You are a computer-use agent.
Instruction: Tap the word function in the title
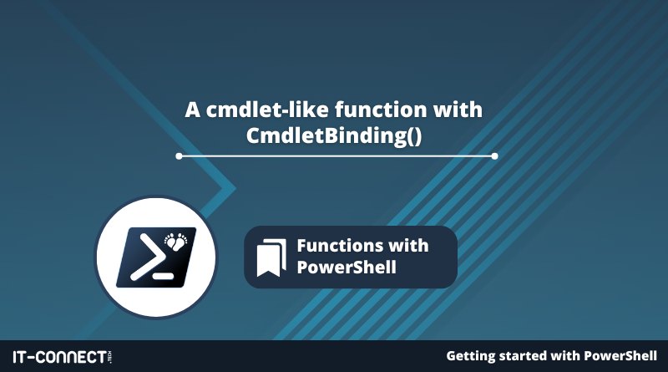[x=381, y=110]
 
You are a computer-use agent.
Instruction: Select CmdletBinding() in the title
[x=334, y=136]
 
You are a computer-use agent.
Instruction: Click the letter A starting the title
[x=193, y=110]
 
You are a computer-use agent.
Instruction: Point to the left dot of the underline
[x=179, y=156]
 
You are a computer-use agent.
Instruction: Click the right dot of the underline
[x=494, y=156]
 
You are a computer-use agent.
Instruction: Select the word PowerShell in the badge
[x=347, y=268]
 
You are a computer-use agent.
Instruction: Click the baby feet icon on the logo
[x=176, y=241]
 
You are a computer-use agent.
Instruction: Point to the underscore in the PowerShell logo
[x=163, y=276]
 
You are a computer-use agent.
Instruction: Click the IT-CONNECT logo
[x=62, y=357]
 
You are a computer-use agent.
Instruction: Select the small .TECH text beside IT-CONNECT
[x=109, y=357]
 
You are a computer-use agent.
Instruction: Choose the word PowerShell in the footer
[x=620, y=356]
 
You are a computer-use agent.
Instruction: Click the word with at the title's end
[x=458, y=110]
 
